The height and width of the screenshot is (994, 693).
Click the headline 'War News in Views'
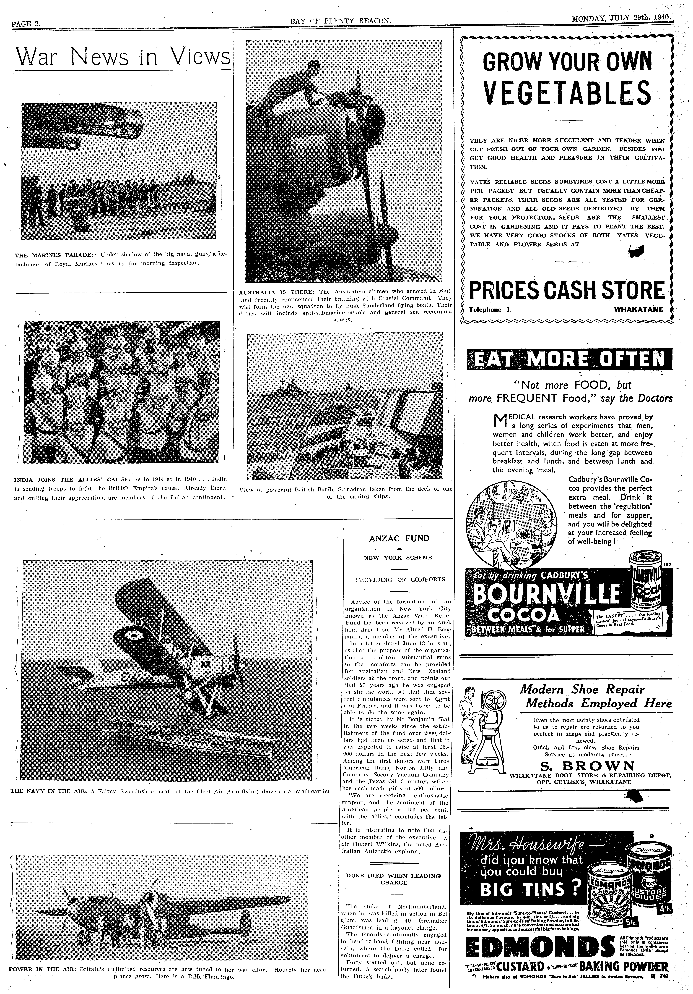[122, 56]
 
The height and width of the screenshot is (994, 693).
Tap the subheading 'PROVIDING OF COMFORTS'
[400, 579]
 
